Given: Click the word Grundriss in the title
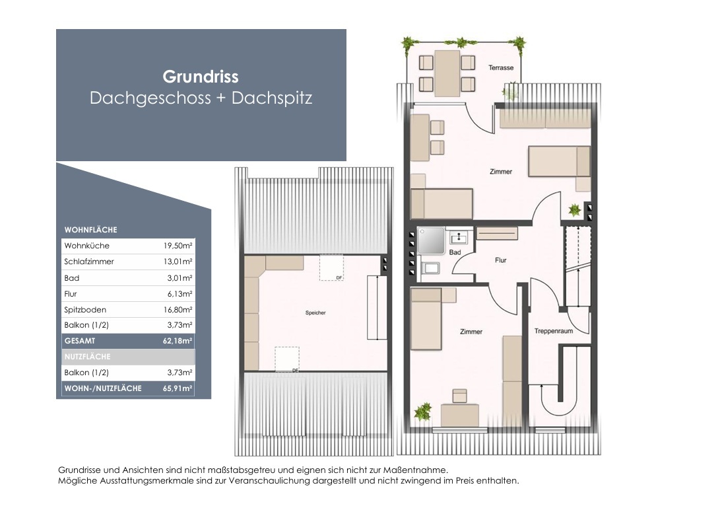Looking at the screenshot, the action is point(201,77).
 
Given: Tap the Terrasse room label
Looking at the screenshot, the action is point(501,67).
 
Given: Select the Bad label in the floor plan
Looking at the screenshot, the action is point(455,252).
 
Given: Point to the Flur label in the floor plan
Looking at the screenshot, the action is point(500,260).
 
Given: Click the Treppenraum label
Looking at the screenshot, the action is point(554,331).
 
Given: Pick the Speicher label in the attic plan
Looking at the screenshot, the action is point(315,312).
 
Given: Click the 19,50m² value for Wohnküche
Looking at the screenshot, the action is point(178,246).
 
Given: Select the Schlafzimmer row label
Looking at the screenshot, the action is point(89,262).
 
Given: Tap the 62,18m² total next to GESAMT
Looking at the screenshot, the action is point(178,341).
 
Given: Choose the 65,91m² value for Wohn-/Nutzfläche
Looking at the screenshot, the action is point(178,388).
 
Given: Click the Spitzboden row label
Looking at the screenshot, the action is point(85,310).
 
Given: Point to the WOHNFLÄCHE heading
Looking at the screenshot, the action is point(91,229).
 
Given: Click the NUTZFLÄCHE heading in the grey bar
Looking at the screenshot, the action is point(88,357).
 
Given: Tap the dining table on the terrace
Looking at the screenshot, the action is point(447,73).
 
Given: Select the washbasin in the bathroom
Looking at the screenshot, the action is point(457,237).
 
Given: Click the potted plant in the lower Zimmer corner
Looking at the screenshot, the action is point(423,412).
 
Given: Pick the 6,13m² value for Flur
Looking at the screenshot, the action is point(180,293).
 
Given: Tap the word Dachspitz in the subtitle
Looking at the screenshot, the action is point(272,98).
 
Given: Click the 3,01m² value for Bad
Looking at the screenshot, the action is point(180,278).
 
